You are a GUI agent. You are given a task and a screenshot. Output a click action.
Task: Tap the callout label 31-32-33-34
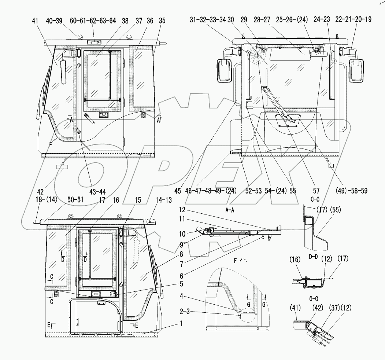208,21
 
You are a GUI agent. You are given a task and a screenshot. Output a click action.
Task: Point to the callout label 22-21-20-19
351,21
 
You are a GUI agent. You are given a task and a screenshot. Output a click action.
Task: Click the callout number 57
316,191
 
